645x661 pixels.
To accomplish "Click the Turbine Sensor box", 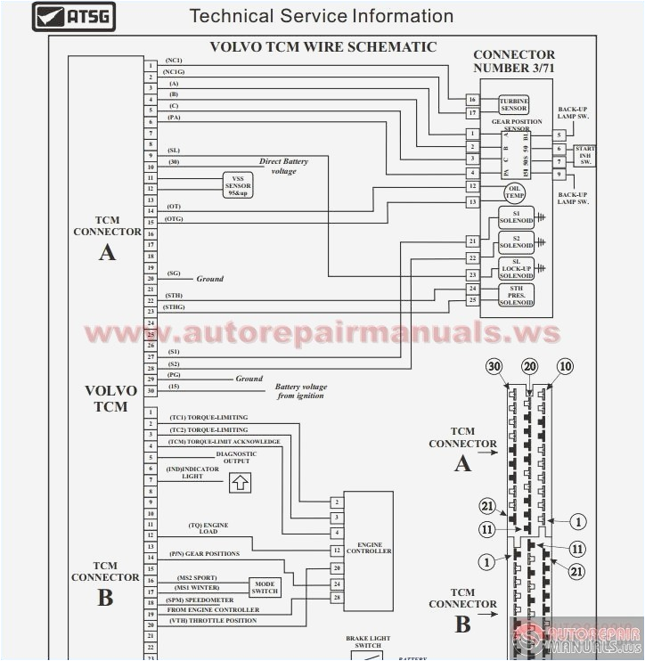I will point(513,105).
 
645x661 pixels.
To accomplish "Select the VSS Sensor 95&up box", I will point(237,184).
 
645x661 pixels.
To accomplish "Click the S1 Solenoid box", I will point(516,216).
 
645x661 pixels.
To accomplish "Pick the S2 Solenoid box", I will point(516,242).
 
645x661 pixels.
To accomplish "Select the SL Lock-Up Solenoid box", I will point(516,269).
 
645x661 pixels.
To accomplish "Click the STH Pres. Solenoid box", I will point(516,296).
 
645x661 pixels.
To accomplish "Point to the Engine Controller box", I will point(369,545).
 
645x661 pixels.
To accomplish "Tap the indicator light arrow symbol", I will point(240,482).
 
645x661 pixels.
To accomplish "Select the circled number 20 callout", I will point(530,367).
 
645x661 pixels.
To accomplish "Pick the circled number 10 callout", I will point(565,367).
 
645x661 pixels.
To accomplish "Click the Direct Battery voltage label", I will point(283,166).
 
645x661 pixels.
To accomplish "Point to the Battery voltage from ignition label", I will point(300,391).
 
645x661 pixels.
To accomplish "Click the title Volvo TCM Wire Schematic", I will point(322,47).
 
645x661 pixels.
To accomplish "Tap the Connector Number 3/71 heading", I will point(513,61).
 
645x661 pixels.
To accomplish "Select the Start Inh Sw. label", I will point(585,155).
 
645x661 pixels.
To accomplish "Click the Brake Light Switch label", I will point(368,641).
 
